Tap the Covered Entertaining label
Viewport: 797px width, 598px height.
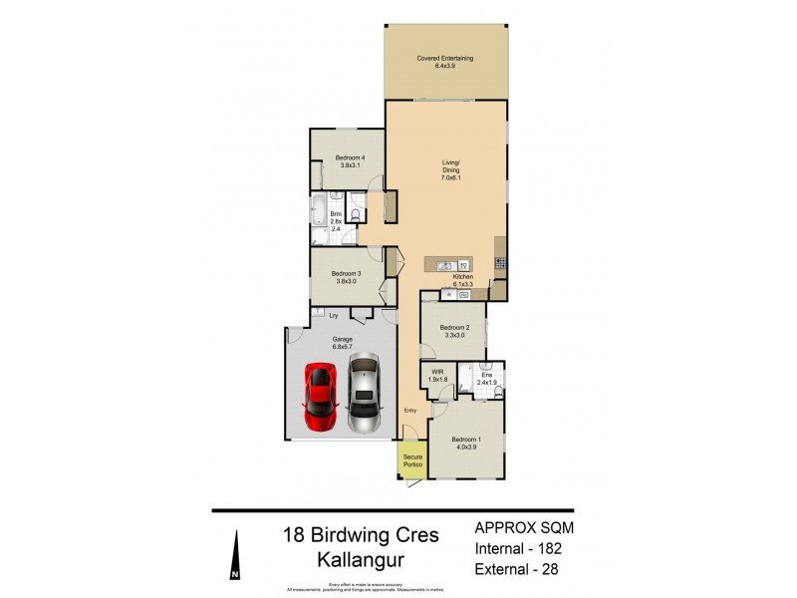[x=445, y=62]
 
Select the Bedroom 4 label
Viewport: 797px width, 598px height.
[x=350, y=162]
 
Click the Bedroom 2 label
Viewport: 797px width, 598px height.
[x=454, y=331]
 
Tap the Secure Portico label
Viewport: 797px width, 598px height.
[x=412, y=460]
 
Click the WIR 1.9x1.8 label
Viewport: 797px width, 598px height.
[x=436, y=377]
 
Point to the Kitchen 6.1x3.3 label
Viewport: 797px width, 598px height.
[x=462, y=281]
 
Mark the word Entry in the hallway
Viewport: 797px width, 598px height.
[x=409, y=411]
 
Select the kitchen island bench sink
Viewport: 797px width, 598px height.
[x=445, y=265]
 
